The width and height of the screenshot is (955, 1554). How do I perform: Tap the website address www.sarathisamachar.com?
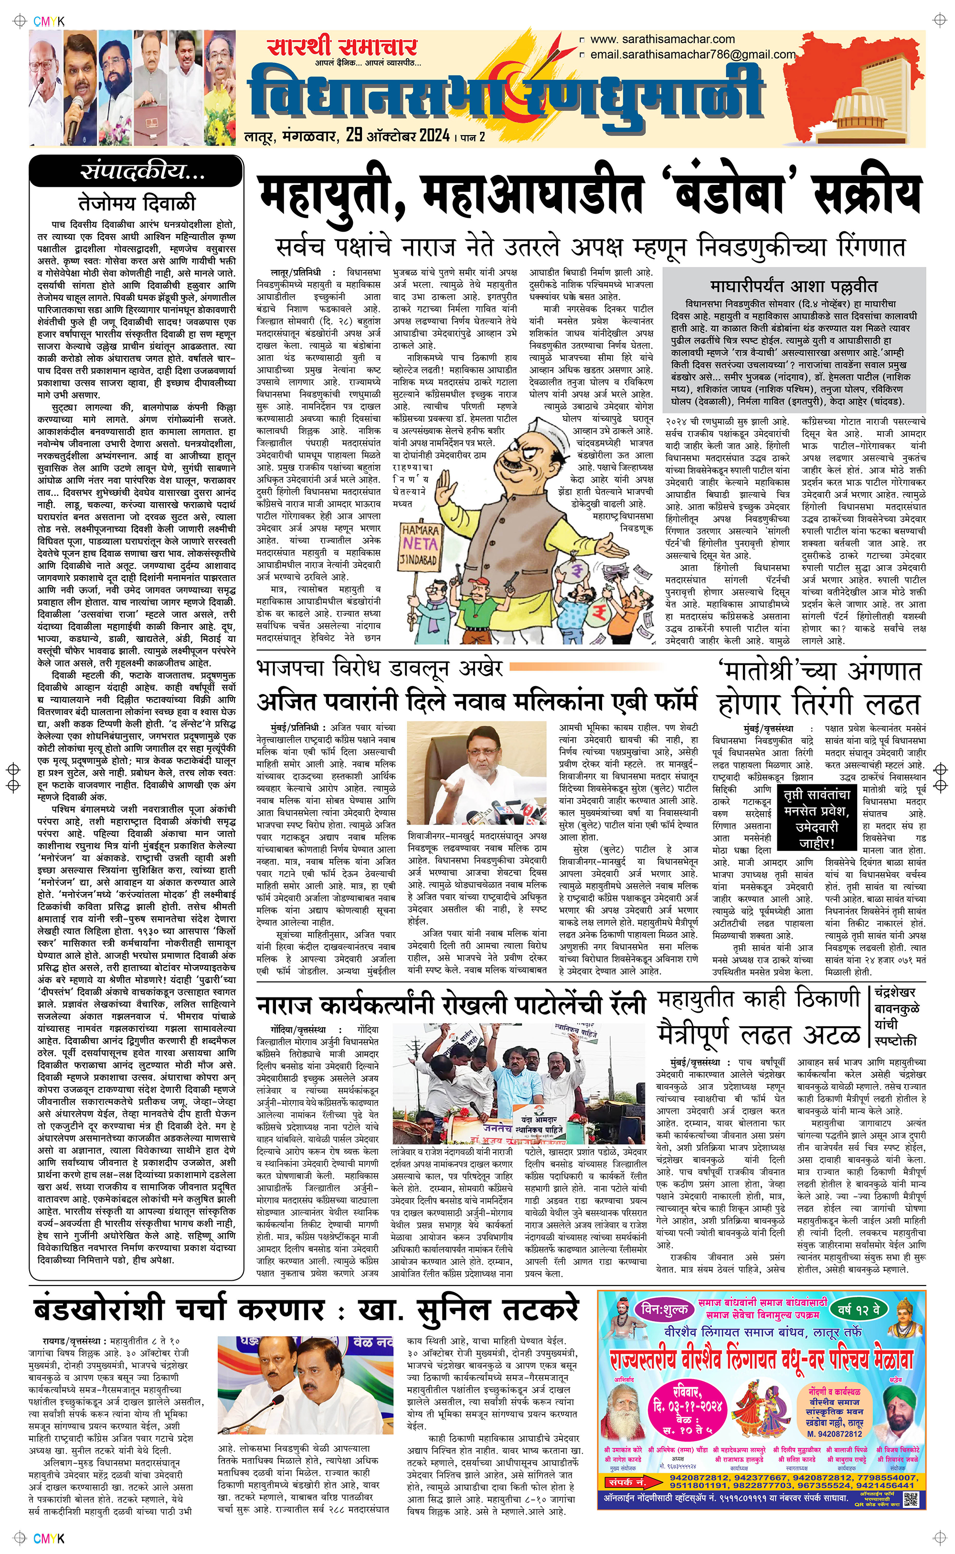click(662, 39)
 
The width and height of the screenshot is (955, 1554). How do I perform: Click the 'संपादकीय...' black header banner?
click(136, 171)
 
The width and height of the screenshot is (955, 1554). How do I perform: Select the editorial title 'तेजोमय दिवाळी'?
click(137, 203)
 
